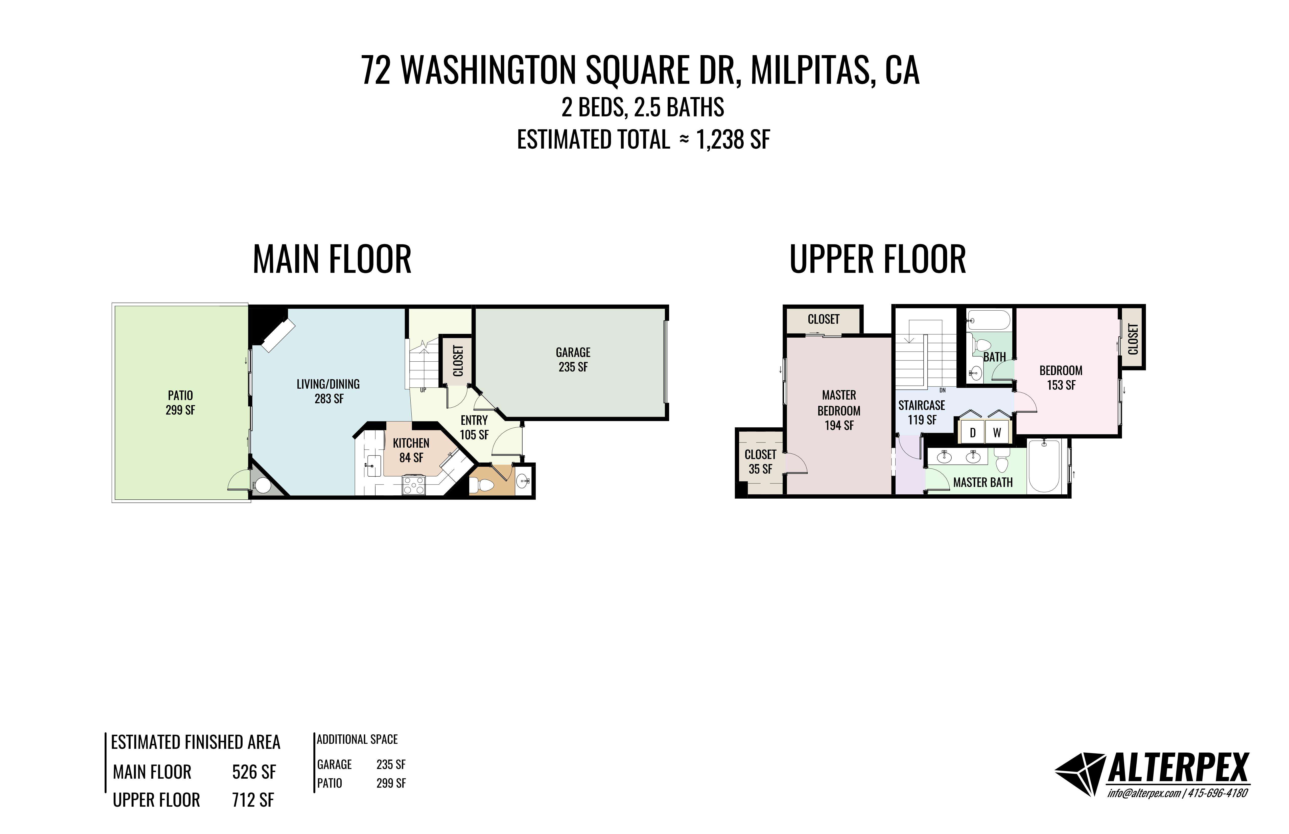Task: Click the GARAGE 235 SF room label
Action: [x=573, y=360]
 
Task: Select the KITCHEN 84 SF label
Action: [x=411, y=450]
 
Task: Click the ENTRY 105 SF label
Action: [x=474, y=427]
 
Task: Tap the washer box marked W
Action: [x=997, y=432]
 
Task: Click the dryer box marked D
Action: [x=972, y=432]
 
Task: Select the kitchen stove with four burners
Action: [x=414, y=485]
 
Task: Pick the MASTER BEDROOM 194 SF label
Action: [x=839, y=410]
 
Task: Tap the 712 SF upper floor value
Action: [x=253, y=800]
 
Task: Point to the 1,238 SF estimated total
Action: [x=733, y=140]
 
